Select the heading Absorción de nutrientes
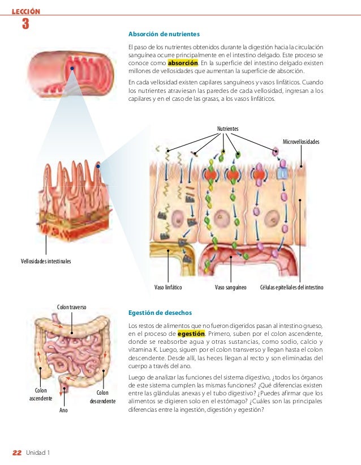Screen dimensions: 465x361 point(164,34)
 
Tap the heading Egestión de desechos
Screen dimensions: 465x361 point(160,313)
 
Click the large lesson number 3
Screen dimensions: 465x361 point(25,24)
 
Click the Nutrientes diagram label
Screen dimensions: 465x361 point(227,129)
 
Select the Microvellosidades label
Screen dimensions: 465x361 point(300,141)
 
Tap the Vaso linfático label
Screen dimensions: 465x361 point(168,287)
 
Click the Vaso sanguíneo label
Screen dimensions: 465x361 point(231,287)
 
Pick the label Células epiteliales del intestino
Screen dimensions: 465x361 point(291,287)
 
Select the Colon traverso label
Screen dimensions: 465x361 point(71,307)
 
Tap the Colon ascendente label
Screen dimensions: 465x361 point(41,395)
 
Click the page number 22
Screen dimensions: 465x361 point(17,452)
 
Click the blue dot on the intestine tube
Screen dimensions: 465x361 point(72,69)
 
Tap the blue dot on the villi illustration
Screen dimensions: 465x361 point(98,166)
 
